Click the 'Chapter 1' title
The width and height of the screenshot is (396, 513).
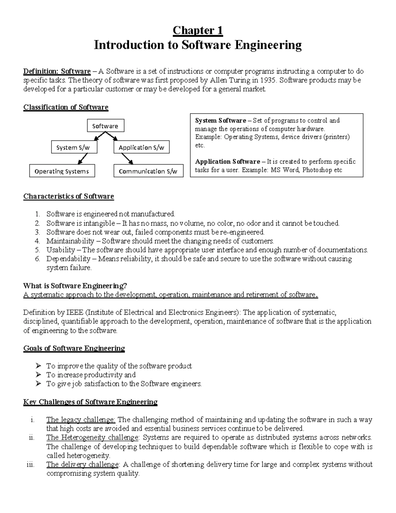(198, 30)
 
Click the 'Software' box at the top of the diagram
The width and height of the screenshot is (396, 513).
(105, 126)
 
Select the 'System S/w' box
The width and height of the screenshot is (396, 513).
(74, 147)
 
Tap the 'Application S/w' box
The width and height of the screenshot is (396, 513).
(141, 147)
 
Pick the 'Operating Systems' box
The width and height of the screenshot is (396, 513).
(62, 171)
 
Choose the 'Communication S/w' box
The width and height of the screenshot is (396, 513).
(148, 171)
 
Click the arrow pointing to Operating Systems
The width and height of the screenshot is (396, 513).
(83, 159)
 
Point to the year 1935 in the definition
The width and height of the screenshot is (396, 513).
(268, 80)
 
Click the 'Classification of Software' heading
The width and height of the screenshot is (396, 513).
(66, 107)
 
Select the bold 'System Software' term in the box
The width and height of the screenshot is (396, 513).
(220, 121)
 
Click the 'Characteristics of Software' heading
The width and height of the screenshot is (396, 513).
(69, 197)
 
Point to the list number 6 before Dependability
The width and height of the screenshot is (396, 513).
(37, 259)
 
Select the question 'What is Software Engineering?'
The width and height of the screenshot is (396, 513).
(75, 286)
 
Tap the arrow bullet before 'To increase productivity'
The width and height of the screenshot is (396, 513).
(39, 375)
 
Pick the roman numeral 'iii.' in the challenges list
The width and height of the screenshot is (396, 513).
(30, 465)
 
